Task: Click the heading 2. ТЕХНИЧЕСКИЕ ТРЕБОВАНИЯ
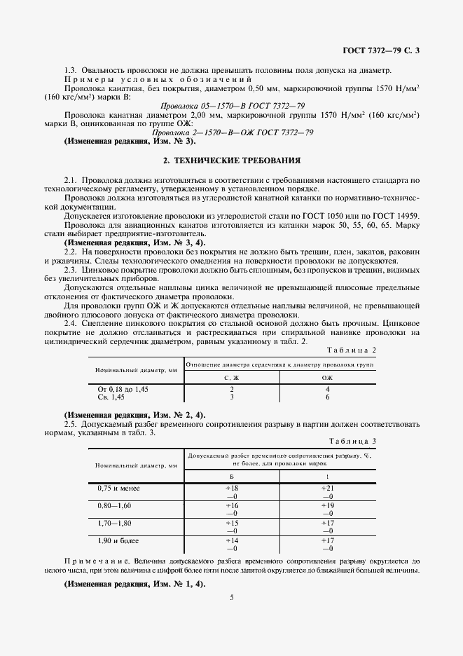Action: click(x=231, y=160)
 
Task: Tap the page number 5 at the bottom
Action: click(x=231, y=597)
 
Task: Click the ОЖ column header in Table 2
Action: click(x=327, y=378)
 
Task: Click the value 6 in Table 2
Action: click(x=327, y=396)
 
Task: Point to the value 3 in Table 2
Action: click(x=232, y=396)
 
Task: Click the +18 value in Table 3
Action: click(x=232, y=487)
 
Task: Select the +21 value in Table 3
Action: click(x=327, y=487)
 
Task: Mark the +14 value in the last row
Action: click(x=232, y=541)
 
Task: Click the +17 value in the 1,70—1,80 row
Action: click(x=327, y=523)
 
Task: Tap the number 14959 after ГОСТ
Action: click(x=406, y=215)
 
